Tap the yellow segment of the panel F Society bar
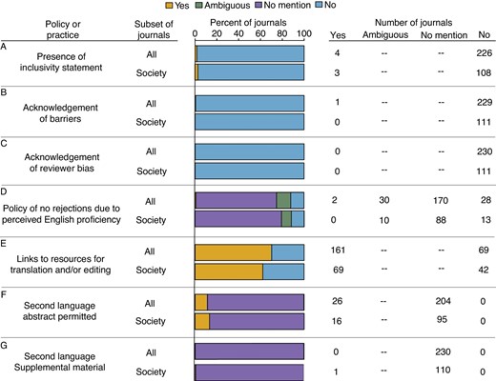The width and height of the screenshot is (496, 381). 202,321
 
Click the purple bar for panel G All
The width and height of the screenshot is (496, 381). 250,352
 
